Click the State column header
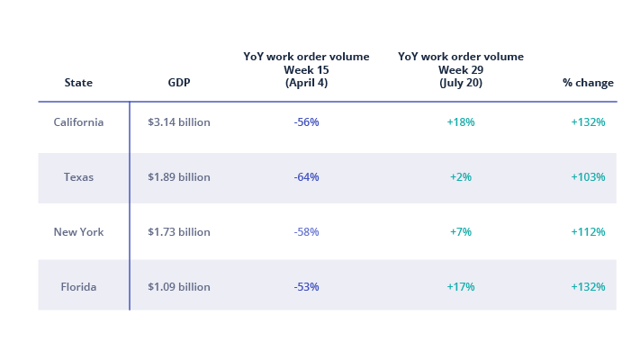(78, 83)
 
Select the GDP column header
(178, 83)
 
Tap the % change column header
(588, 83)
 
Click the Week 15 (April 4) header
(306, 69)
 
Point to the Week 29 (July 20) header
(461, 69)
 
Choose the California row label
(78, 122)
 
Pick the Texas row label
(78, 177)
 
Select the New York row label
(78, 232)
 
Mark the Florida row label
(78, 287)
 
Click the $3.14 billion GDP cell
(178, 122)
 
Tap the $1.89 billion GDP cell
(178, 177)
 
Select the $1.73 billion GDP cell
(178, 232)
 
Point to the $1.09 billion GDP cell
(178, 287)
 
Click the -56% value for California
(306, 122)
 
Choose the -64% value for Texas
(306, 177)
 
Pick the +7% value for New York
(461, 232)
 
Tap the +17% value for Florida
(461, 287)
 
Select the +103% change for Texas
(588, 177)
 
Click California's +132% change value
(588, 122)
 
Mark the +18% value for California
(461, 122)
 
